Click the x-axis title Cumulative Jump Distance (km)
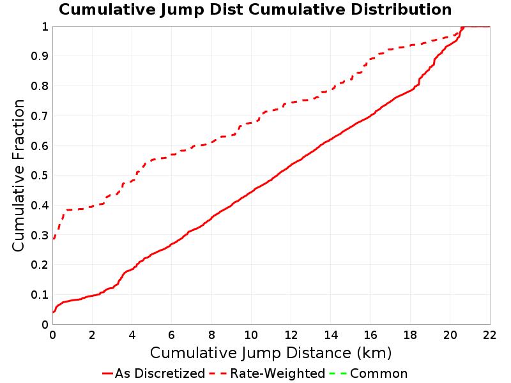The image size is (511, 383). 271,353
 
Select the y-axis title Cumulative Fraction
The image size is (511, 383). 19,175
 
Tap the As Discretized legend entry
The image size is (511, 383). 154,373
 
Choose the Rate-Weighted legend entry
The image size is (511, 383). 267,373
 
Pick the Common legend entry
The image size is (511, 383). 369,373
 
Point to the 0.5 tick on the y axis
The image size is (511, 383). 40,176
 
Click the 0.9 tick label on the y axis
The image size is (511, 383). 40,56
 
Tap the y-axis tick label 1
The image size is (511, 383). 45,27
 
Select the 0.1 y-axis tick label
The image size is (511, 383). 40,295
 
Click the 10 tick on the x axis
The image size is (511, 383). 251,335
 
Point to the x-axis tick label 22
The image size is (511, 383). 489,335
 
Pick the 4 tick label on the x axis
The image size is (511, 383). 132,335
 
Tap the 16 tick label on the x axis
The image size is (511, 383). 370,335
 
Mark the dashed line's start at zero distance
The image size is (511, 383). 53,239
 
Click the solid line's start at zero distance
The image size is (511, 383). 53,312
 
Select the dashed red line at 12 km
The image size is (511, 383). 291,103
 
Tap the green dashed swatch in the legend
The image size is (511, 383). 338,373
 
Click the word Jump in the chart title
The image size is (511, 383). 183,10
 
